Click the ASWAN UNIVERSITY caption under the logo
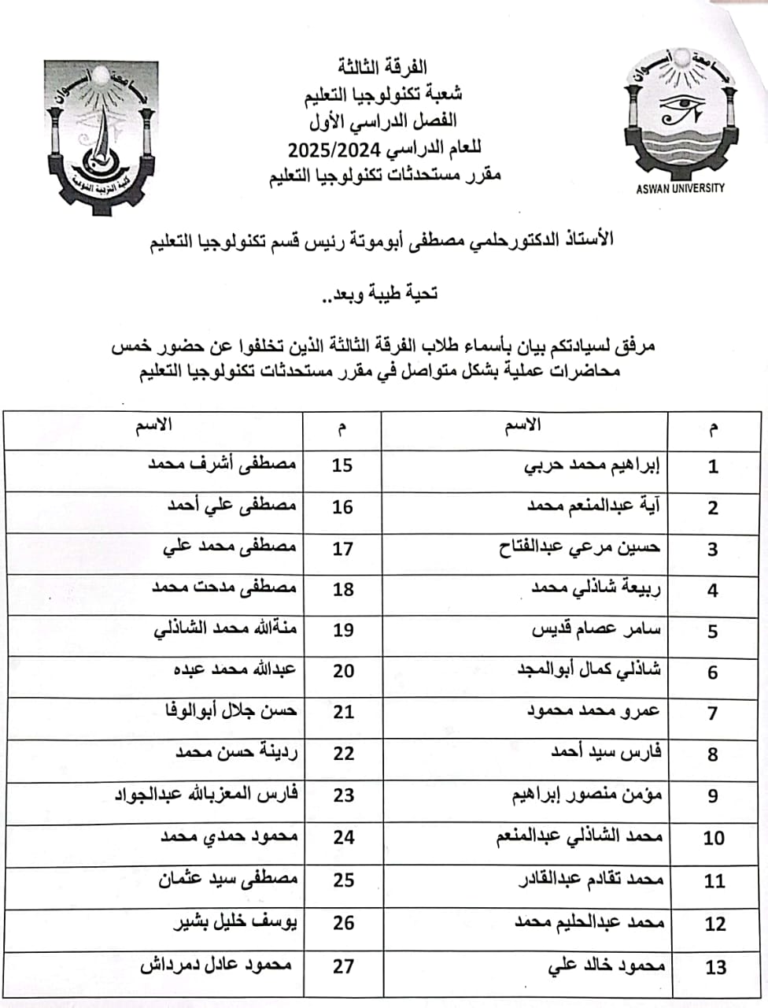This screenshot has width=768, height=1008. click(x=680, y=188)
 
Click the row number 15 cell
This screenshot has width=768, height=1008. click(x=342, y=465)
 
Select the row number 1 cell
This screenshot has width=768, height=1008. click(x=713, y=466)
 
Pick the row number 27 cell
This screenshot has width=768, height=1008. click(x=343, y=965)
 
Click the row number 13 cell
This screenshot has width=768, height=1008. click(x=714, y=967)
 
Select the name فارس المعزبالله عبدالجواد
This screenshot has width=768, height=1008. click(x=207, y=794)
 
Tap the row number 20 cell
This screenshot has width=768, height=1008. click(x=343, y=672)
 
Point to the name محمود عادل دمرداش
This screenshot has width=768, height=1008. click(x=216, y=965)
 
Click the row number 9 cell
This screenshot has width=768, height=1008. click(x=713, y=795)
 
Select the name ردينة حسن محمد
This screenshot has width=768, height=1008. click(x=236, y=753)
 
